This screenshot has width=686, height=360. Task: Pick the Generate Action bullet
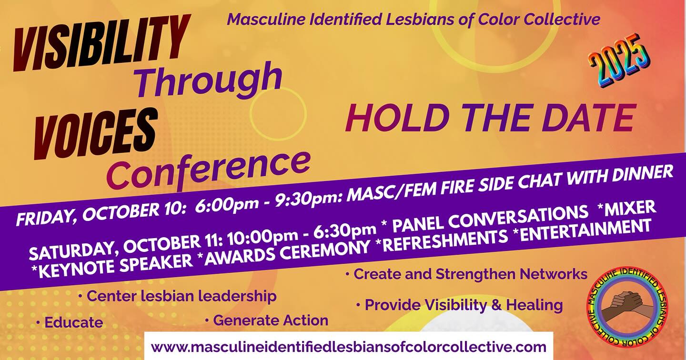[x=267, y=320]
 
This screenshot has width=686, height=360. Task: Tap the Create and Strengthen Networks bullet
[x=467, y=274]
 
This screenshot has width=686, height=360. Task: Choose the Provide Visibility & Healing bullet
[x=460, y=304]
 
